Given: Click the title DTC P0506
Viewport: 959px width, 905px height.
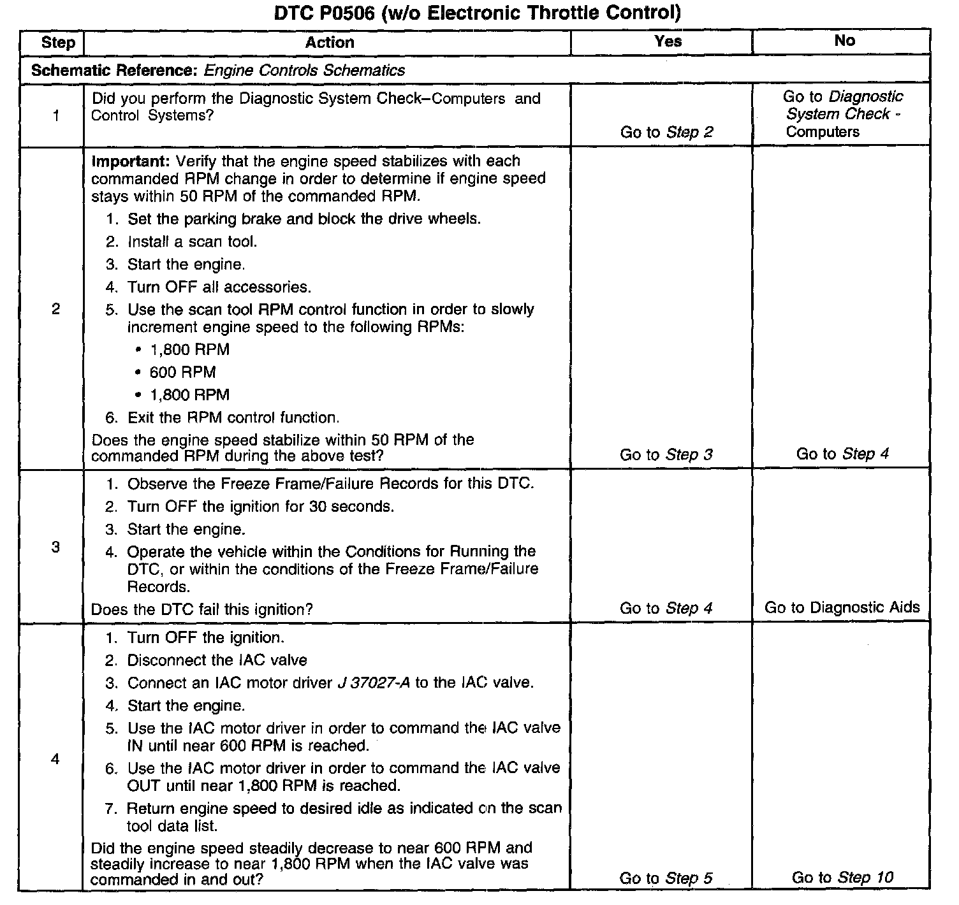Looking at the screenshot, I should click(477, 12).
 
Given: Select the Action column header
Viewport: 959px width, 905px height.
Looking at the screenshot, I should click(329, 43).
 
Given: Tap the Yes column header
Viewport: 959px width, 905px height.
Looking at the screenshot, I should click(668, 41).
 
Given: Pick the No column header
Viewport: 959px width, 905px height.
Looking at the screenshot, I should click(844, 41).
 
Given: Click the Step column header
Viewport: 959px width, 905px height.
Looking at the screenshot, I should click(57, 43).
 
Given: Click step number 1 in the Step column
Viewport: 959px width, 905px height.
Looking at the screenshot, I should click(56, 116).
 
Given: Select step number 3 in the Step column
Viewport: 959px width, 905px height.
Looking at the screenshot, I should click(55, 547).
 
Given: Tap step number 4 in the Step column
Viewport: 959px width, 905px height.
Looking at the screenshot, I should click(55, 759).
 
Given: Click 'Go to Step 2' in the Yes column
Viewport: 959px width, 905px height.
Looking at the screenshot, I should click(666, 133).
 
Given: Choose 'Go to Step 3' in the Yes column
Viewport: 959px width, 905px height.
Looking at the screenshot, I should click(666, 455).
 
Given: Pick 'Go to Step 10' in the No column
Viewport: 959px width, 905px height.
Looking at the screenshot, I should click(842, 878).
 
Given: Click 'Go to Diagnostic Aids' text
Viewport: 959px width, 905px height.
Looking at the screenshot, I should click(842, 607).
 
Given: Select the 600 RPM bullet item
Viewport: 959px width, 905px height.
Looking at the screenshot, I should click(182, 372).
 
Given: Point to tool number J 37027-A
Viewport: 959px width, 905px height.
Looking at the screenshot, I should click(374, 683).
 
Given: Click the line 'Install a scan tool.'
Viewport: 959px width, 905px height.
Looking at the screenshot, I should click(192, 242).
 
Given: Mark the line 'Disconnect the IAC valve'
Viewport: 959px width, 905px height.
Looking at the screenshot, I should click(217, 660).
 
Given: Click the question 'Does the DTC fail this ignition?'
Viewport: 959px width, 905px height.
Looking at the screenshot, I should click(201, 610).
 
